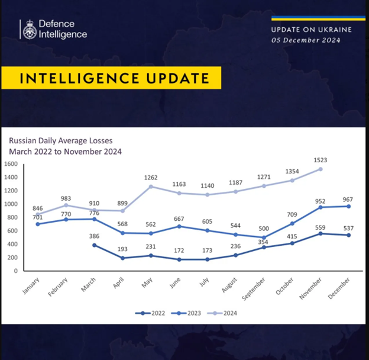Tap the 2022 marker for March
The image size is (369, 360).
point(95,245)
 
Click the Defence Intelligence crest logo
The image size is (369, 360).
point(28,30)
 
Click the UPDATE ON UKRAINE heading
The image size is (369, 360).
point(311,29)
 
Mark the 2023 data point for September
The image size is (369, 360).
point(263,237)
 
